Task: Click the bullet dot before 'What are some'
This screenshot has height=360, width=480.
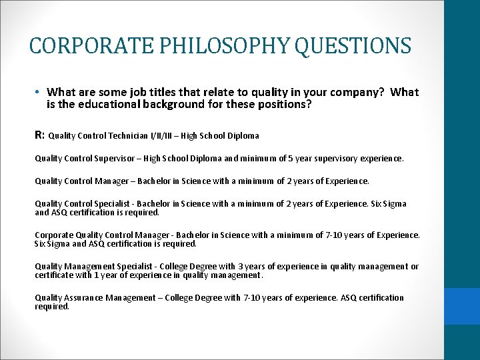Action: [x=39, y=93]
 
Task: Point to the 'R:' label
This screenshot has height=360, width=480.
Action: [x=40, y=135]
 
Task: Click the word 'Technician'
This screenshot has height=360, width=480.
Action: [x=135, y=135]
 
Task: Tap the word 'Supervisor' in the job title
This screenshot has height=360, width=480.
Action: [x=117, y=159]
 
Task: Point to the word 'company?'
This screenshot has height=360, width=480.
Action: [x=359, y=93]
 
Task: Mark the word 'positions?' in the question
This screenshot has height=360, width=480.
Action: [x=287, y=104]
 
